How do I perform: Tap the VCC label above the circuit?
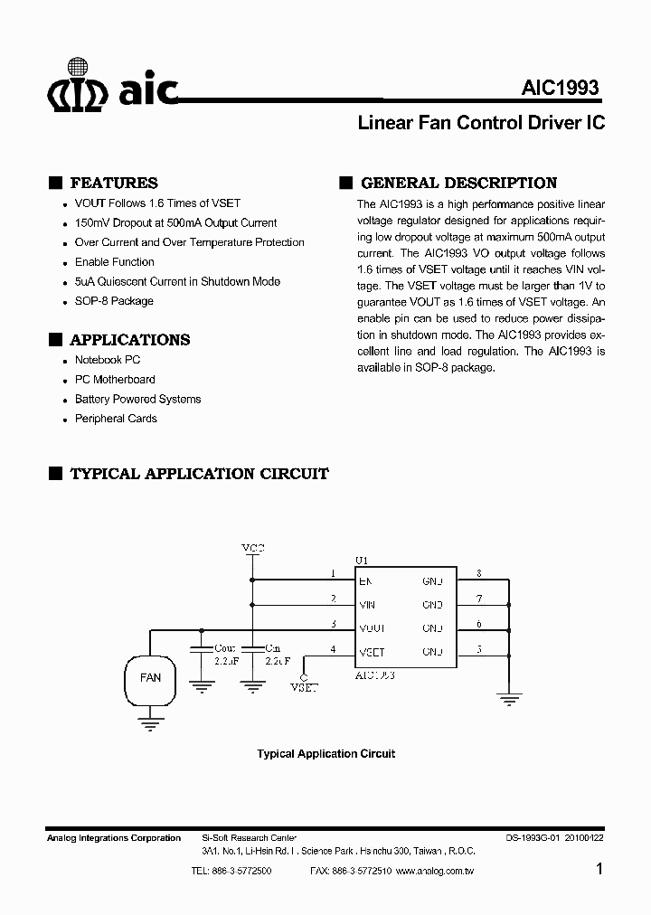point(252,549)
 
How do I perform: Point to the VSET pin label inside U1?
point(372,652)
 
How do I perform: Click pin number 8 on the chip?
point(478,573)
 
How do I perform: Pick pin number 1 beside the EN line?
point(333,573)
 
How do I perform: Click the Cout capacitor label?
point(224,647)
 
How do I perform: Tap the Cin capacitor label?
point(272,647)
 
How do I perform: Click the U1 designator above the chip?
point(362,561)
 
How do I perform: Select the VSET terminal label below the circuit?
point(304,687)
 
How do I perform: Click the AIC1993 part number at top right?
point(560,89)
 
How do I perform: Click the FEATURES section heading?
point(113,183)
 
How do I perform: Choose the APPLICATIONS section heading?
point(129,340)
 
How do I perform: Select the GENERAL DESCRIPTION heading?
point(458,183)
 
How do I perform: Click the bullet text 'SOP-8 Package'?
point(114,301)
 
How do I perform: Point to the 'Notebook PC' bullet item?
point(108,360)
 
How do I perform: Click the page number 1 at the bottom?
point(600,870)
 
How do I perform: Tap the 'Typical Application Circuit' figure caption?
point(325,753)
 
